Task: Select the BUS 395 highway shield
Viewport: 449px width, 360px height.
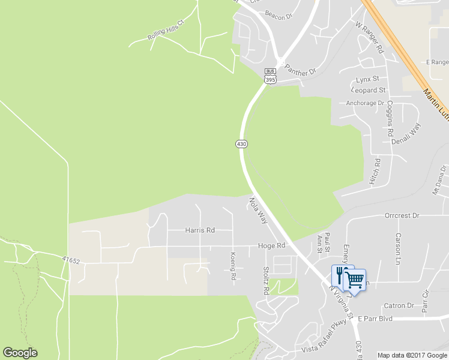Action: (x=270, y=75)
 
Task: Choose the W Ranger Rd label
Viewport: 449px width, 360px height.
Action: (x=369, y=38)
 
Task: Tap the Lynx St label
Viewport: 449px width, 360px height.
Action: (x=367, y=79)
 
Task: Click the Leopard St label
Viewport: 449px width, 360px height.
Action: (x=370, y=90)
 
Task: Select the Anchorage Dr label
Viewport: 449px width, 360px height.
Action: (x=365, y=103)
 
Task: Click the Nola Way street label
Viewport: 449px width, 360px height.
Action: (x=258, y=211)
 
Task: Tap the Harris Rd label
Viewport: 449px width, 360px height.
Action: (x=200, y=230)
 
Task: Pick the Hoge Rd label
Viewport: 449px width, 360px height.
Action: (x=271, y=245)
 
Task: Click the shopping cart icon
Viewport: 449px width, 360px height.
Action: (x=355, y=279)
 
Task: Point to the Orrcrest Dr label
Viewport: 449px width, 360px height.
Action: (x=402, y=215)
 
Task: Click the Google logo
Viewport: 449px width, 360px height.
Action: (x=20, y=353)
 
